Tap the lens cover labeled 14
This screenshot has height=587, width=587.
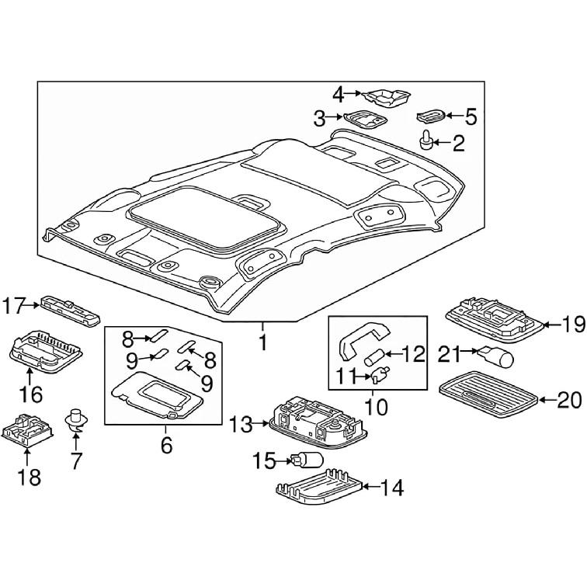(x=318, y=489)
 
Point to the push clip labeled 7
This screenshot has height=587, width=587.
(x=76, y=420)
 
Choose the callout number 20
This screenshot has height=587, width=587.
(x=569, y=400)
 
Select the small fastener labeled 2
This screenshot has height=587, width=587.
(x=426, y=141)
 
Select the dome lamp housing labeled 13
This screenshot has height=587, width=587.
(x=310, y=421)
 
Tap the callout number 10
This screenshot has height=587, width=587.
(x=374, y=405)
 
